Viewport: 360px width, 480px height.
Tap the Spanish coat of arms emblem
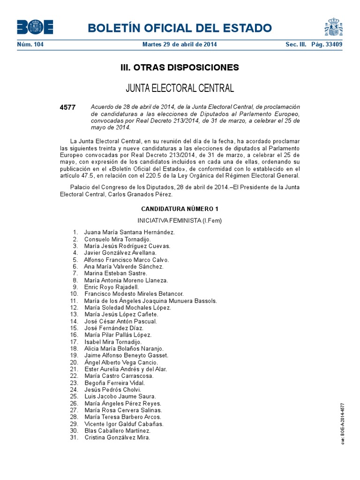tap(333, 27)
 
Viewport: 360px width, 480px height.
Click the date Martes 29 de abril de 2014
tap(180, 45)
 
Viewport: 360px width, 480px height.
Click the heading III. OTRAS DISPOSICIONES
tap(180, 67)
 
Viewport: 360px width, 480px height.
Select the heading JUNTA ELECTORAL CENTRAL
tap(180, 88)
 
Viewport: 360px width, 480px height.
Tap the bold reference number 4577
tap(67, 107)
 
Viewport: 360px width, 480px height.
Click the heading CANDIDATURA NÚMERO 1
tap(180, 209)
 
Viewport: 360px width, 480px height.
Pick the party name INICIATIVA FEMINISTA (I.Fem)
tap(180, 220)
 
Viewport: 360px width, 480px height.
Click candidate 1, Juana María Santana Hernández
tap(129, 232)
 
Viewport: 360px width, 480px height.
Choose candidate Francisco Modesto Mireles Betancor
tap(134, 293)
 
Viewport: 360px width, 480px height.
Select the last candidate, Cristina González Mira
tap(117, 437)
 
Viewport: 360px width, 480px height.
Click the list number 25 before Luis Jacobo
tap(73, 397)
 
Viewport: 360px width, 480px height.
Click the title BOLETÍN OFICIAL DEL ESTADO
tap(180, 28)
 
